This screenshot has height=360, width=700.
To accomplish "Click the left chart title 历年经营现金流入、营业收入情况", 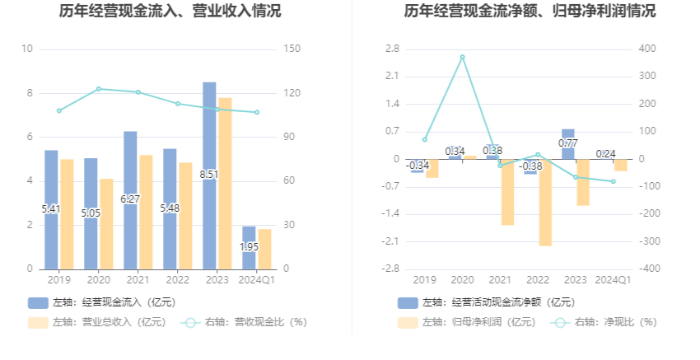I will (170, 12).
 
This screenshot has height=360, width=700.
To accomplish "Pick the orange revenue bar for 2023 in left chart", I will (225, 183).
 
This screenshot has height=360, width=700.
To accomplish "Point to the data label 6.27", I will (130, 199).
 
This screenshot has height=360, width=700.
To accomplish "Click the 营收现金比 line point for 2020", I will (99, 89).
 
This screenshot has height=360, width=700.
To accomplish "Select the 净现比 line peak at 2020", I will (462, 57).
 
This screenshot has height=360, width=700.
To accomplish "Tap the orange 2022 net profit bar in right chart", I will (545, 202).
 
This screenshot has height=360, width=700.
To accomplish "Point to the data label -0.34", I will (418, 166).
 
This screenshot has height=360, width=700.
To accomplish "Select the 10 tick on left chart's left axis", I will (27, 49).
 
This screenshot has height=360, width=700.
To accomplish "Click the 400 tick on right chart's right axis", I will (648, 49).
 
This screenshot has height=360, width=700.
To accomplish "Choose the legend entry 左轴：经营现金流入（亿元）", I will (102, 302).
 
